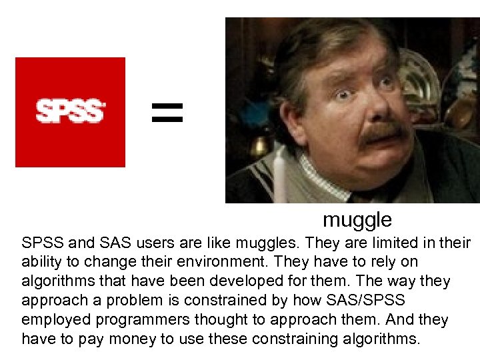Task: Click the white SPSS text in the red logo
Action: (x=70, y=111)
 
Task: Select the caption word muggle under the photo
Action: (x=357, y=219)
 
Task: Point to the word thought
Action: (x=231, y=320)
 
